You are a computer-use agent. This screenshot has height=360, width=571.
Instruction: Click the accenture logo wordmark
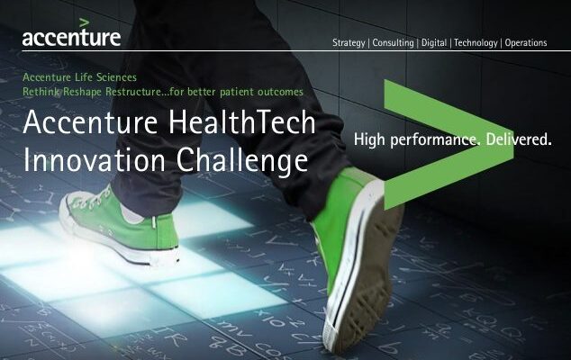coord(71,38)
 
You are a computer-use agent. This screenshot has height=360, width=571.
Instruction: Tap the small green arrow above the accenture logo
coord(84,22)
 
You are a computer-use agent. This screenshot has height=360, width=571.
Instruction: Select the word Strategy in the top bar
coord(349,43)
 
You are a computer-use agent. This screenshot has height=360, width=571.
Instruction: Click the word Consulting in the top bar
coord(393,43)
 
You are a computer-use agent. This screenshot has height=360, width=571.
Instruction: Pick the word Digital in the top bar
coord(434,43)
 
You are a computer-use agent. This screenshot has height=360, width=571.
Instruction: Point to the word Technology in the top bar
coord(476,43)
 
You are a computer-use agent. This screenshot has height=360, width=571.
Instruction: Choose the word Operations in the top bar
coord(526,42)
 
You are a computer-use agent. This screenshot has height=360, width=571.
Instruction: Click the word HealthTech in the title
coord(241,121)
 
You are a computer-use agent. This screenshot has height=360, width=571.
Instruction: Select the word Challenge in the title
coord(242,160)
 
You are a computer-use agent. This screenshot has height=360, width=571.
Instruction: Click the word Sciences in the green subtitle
coord(116,77)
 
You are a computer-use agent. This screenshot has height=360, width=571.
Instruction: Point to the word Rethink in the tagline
coord(41,92)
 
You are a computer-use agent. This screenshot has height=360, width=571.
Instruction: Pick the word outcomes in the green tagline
coord(280,92)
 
